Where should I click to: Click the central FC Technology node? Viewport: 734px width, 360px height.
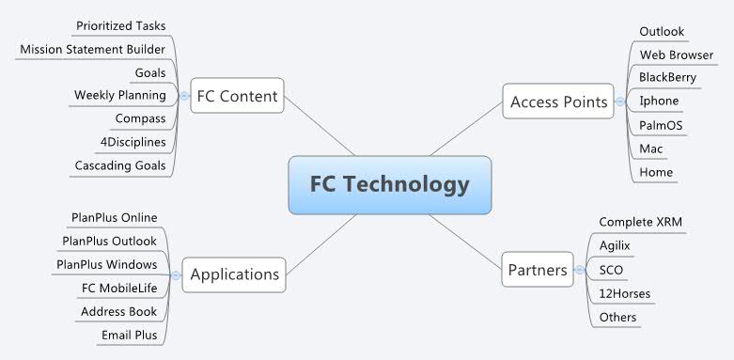point(390,184)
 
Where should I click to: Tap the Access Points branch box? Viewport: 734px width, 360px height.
point(558,102)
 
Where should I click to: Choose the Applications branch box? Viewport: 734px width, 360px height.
point(234,274)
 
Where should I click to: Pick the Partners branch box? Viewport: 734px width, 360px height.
point(537,271)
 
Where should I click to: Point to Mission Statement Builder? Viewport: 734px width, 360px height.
point(92,49)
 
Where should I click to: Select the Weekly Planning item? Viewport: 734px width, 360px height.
point(119,95)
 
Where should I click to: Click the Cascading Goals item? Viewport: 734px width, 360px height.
point(119,165)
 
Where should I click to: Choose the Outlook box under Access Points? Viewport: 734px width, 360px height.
point(661,32)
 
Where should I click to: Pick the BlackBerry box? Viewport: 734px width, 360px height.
point(667,77)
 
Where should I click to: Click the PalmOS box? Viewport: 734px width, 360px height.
point(662,125)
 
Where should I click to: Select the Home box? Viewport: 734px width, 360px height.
point(655,173)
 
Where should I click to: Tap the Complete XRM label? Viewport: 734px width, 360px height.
point(640,222)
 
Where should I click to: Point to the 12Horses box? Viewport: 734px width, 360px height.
point(624,294)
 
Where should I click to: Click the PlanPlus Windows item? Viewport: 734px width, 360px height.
point(106,264)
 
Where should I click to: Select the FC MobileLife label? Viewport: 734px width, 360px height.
point(119,288)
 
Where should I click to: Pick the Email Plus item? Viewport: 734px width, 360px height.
point(129,335)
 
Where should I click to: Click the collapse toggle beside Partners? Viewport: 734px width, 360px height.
point(580,271)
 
